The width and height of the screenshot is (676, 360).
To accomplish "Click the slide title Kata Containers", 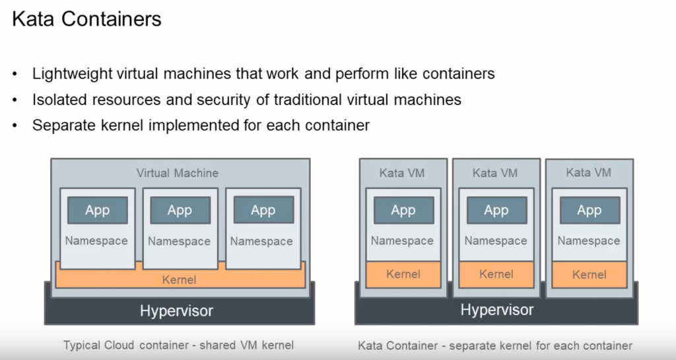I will (x=86, y=19).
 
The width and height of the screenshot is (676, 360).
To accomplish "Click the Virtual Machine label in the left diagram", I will (x=178, y=173).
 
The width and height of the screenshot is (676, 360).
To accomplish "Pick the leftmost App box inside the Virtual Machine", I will (x=97, y=210).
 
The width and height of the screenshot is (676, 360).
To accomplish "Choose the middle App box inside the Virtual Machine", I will (x=180, y=210).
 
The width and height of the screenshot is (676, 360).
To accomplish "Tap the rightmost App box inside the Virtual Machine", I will (x=263, y=210).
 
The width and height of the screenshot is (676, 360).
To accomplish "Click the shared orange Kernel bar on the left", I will (x=179, y=279).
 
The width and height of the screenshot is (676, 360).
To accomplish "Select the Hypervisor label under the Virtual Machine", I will (x=176, y=310).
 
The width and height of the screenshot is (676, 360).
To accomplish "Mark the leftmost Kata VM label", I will (x=402, y=173).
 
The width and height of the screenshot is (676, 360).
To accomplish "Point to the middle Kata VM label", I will (x=495, y=173).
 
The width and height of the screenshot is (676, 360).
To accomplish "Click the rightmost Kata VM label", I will (x=589, y=173).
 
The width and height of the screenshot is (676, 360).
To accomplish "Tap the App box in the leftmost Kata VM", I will (x=403, y=210).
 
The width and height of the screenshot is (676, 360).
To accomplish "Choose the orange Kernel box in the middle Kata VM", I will (x=496, y=274).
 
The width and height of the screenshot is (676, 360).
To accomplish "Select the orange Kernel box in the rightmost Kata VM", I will (x=590, y=274).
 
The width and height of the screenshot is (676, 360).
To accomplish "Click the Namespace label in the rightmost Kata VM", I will (x=589, y=240).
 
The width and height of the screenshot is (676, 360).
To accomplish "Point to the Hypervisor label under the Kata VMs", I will (x=497, y=309).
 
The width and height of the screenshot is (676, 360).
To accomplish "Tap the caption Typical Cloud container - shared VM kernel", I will (x=178, y=345).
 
